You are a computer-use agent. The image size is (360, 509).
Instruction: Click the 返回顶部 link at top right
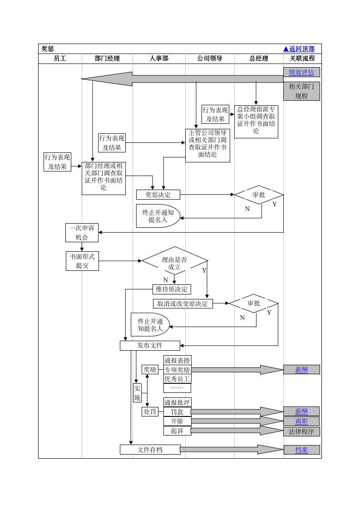[299, 49]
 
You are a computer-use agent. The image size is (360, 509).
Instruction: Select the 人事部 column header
[159, 59]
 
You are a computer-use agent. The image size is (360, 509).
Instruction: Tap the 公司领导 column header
[210, 59]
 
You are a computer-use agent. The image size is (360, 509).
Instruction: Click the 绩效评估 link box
[301, 72]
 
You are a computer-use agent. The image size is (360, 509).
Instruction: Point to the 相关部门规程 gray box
[301, 91]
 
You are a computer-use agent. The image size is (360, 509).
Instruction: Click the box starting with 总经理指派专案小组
[256, 122]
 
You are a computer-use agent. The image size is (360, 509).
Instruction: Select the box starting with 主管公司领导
[207, 145]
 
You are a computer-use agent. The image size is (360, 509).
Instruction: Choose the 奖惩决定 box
[158, 195]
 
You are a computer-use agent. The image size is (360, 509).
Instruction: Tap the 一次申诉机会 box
[82, 233]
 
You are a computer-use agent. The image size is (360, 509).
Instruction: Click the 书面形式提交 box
[82, 261]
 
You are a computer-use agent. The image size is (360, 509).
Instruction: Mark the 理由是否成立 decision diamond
[174, 263]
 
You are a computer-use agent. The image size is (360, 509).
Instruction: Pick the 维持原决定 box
[172, 289]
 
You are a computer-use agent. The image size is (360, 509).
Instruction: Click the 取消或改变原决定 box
[182, 303]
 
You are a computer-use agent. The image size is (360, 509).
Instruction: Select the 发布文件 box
[150, 346]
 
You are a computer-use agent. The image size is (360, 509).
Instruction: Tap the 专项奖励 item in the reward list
[177, 370]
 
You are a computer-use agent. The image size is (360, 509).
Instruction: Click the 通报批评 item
[177, 402]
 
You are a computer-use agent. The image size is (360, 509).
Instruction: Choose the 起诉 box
[177, 431]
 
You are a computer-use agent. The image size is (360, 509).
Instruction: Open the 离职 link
[301, 421]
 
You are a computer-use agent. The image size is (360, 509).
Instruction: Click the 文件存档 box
[150, 450]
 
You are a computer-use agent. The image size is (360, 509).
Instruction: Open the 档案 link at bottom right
[301, 450]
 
